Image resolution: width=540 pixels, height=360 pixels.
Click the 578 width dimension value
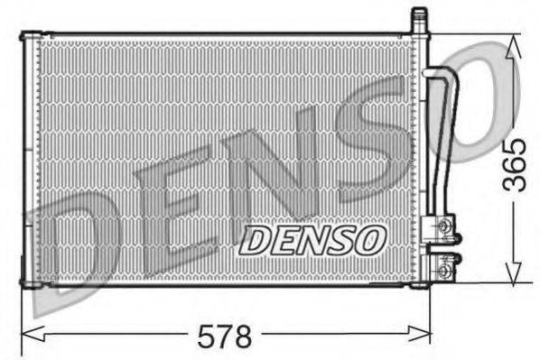pos(224,337)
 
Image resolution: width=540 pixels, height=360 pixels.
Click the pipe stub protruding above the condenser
pos(419,19)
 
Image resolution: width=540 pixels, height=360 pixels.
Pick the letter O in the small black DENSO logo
pos(370,239)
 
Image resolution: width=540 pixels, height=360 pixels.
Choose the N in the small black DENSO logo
pos(314,239)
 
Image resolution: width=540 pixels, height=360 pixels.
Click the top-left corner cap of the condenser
pos(30,36)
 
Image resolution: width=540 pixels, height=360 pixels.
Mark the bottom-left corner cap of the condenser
pos(30,285)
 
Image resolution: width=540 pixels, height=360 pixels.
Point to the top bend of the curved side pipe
pos(440,74)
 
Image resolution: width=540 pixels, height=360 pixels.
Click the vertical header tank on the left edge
pos(31,162)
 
